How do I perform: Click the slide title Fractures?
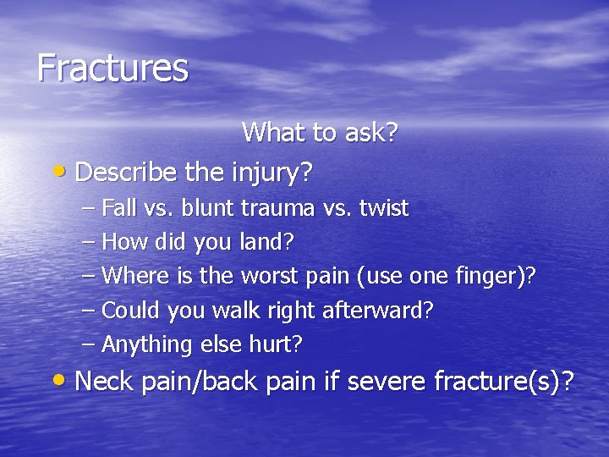(x=112, y=68)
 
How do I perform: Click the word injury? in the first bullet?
(x=272, y=173)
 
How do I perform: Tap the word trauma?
(x=272, y=208)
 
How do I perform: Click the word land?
(x=269, y=242)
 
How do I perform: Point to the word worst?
(x=268, y=276)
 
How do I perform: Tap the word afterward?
(x=378, y=311)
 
